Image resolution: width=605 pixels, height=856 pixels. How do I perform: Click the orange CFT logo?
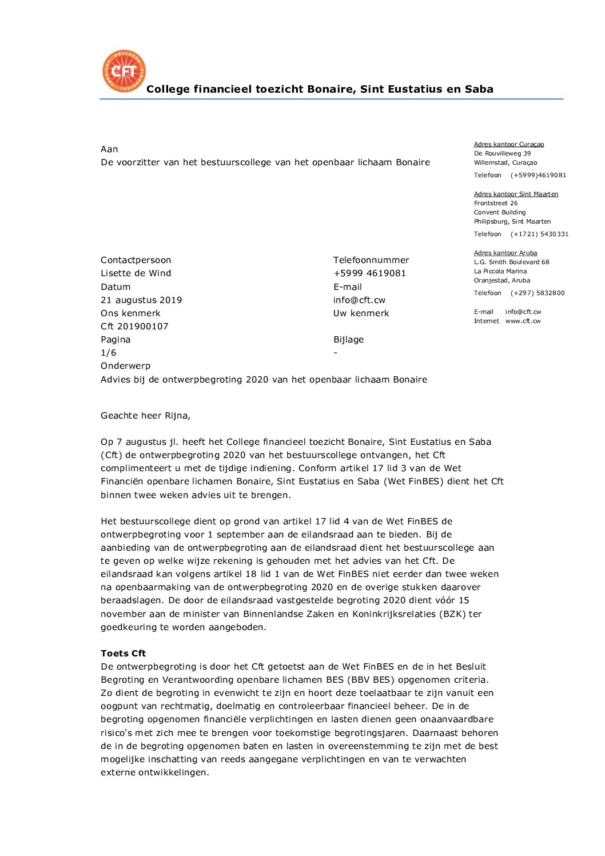tap(124, 71)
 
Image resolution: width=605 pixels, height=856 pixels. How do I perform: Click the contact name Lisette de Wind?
tap(136, 273)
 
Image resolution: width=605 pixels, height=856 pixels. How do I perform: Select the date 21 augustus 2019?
tap(141, 300)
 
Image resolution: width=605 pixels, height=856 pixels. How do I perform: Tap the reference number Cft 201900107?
tap(134, 327)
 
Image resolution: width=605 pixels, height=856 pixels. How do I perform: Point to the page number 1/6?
tap(108, 353)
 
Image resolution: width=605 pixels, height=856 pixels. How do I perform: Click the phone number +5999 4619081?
tap(369, 273)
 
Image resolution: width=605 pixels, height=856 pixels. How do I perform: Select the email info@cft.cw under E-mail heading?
tap(359, 300)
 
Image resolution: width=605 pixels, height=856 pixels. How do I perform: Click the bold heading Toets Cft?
tap(123, 654)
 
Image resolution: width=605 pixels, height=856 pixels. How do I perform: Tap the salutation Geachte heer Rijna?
tap(145, 416)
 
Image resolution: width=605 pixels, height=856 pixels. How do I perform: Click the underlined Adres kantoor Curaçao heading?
tap(508, 145)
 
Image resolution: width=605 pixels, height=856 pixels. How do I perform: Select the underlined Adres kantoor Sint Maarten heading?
tap(516, 194)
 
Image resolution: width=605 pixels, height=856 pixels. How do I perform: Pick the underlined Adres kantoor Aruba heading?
tap(505, 253)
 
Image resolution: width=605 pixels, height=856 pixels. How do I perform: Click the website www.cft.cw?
tap(523, 321)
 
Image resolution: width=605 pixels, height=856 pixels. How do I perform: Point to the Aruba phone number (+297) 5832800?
tap(537, 293)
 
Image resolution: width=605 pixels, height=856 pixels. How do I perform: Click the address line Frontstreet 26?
tap(495, 204)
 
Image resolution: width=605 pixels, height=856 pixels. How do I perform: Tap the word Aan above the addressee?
tap(109, 149)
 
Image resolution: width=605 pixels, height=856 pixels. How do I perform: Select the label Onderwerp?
tap(125, 366)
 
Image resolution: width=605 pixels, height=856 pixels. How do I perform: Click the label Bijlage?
tap(348, 340)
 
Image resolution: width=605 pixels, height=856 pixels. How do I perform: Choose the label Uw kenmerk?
tap(361, 313)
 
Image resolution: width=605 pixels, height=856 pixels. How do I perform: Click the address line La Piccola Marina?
tap(500, 272)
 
